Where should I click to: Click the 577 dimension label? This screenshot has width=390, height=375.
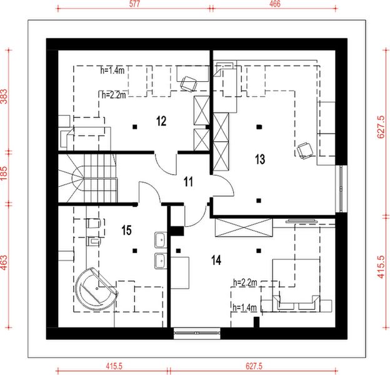(x=134, y=3)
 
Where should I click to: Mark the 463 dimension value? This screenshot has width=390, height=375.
(x=5, y=264)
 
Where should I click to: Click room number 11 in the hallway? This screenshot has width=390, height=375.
(x=188, y=182)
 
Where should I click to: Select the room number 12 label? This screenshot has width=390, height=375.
(x=161, y=121)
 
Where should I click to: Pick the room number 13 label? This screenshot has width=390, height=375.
(x=260, y=159)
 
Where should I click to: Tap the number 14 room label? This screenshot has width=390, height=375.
(x=216, y=261)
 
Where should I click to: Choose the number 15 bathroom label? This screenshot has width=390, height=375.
(x=126, y=231)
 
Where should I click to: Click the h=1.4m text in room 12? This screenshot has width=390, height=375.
(x=113, y=71)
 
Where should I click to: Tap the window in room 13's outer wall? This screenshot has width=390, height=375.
(x=340, y=188)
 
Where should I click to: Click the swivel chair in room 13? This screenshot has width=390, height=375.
(x=304, y=149)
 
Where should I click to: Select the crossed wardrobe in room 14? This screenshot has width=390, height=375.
(x=243, y=227)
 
